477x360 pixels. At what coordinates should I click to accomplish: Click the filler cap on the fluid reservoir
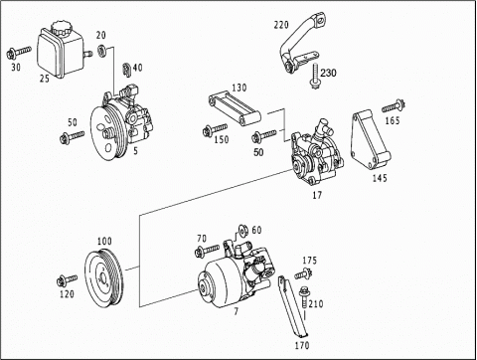coord(60,27)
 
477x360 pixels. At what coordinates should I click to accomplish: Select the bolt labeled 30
coord(19,53)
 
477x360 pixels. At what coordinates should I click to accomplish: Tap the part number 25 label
coord(45,79)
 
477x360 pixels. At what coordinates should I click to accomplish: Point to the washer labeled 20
coord(101,50)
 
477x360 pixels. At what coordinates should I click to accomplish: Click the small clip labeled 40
coord(126,70)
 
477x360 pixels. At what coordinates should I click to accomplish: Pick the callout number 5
coord(135,151)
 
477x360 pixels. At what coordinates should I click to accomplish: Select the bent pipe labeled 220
coord(301,43)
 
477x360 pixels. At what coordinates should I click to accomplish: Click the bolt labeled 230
coord(315,77)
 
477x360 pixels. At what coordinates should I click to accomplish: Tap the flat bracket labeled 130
coord(235,109)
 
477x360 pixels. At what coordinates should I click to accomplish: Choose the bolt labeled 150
coord(215,130)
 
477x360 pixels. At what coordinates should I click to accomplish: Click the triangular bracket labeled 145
coord(371,140)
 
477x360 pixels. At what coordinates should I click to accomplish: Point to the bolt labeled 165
coord(394,106)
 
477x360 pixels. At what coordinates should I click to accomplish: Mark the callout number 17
coord(317,195)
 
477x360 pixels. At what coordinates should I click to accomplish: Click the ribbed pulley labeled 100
coord(104,277)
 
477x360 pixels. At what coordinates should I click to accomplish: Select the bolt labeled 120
coord(68,280)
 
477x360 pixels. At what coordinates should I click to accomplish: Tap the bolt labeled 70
coord(208,251)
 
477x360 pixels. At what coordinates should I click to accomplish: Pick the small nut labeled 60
coord(243,230)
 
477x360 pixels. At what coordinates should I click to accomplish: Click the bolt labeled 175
coord(303,273)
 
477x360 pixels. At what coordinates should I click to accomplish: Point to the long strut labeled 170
coord(292,305)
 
